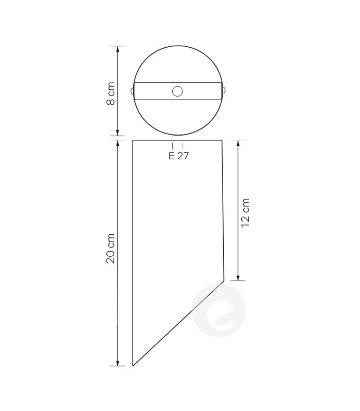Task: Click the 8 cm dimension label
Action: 111,94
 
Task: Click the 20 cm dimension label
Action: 111,248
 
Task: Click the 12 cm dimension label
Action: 245,213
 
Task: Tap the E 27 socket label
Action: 178,156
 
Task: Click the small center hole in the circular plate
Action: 177,91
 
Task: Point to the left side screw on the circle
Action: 132,91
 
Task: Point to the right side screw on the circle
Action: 224,90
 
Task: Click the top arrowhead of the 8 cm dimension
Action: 118,49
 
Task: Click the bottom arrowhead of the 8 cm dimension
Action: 118,133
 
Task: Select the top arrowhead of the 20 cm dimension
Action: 118,143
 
